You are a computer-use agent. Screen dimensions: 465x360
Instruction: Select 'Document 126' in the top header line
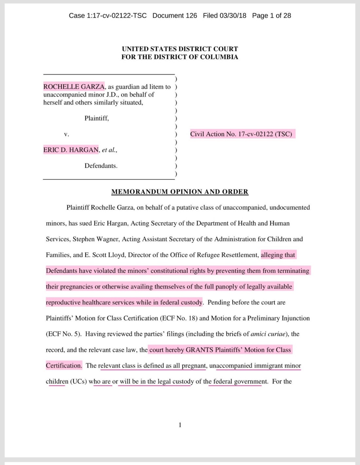click(x=175, y=16)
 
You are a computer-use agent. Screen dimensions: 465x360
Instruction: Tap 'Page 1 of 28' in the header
click(x=271, y=16)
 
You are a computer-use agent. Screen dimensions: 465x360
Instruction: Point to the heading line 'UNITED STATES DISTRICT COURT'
click(x=180, y=49)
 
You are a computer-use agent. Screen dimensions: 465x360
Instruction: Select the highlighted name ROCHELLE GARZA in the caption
click(x=74, y=87)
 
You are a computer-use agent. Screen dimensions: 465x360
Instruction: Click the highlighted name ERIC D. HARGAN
click(x=71, y=150)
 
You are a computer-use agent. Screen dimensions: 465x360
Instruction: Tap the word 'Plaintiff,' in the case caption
click(x=97, y=118)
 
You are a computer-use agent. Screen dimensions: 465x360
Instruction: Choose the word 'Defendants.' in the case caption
click(x=101, y=166)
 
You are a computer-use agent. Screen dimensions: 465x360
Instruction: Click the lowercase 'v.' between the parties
click(x=66, y=134)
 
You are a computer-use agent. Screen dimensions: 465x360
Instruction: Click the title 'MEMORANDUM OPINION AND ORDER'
click(x=180, y=192)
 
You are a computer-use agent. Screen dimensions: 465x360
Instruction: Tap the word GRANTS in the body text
click(x=199, y=350)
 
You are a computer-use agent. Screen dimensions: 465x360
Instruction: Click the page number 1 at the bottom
click(x=180, y=425)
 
